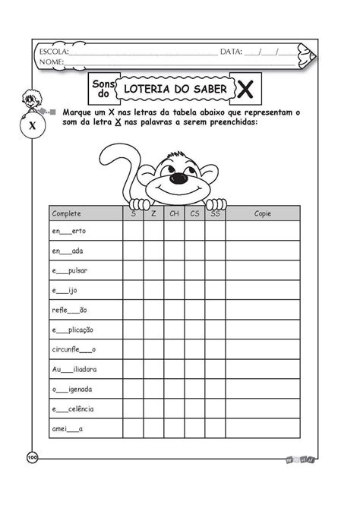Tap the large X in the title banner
point(246,90)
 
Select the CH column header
point(174,213)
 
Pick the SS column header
point(215,213)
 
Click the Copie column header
point(263,213)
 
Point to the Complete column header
point(66,213)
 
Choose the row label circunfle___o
point(74,349)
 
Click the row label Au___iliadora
point(74,369)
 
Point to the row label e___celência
point(73,409)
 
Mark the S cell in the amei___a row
point(133,428)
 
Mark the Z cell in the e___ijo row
point(153,290)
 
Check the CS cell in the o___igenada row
point(194,389)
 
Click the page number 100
point(32,456)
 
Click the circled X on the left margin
point(32,126)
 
